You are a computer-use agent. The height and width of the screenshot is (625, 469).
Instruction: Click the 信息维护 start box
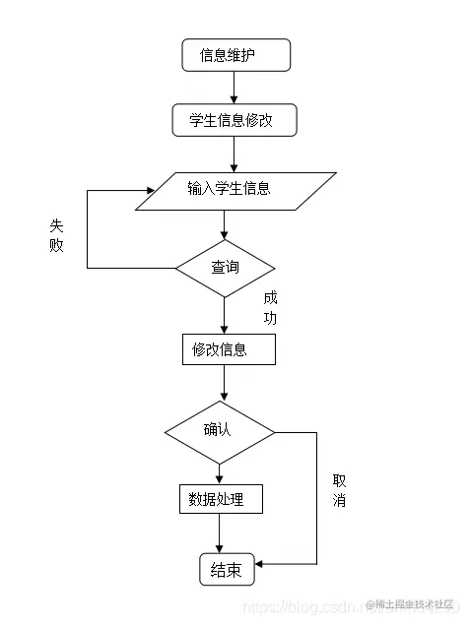coord(236,55)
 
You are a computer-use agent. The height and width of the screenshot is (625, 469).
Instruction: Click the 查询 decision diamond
coord(225,268)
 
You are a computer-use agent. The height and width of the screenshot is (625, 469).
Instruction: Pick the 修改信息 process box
coord(228,349)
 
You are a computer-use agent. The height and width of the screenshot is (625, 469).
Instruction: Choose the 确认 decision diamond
coord(220,431)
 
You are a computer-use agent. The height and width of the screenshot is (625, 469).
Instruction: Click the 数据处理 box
coord(221,500)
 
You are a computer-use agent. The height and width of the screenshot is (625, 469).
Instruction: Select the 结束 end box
coord(226,570)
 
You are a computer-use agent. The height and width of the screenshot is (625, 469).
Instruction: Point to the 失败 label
coord(56,234)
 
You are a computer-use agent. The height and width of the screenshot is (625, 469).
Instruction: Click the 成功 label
coord(270,307)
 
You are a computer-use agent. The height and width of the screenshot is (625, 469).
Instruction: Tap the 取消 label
coord(339,490)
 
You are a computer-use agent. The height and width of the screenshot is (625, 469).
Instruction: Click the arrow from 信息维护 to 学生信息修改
coord(234,87)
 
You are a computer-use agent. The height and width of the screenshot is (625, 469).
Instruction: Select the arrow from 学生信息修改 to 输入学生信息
coord(234,154)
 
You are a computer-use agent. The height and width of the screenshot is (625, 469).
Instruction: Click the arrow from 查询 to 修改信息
coord(225,315)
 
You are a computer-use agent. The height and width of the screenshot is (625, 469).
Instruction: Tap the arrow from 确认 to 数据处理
coord(220,473)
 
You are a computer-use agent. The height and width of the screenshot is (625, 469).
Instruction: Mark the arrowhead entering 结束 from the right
coord(261,564)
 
